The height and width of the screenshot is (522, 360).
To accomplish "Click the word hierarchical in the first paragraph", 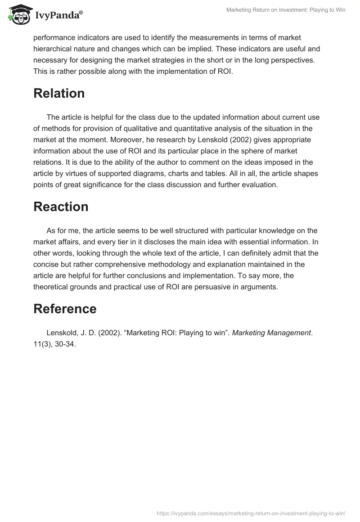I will (53, 49).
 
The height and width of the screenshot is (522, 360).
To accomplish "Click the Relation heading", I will (59, 93).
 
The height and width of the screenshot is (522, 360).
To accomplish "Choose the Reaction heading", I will (61, 207).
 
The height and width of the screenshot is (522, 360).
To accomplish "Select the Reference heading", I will (65, 309).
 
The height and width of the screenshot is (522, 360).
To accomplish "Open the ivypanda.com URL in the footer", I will (251, 513).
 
